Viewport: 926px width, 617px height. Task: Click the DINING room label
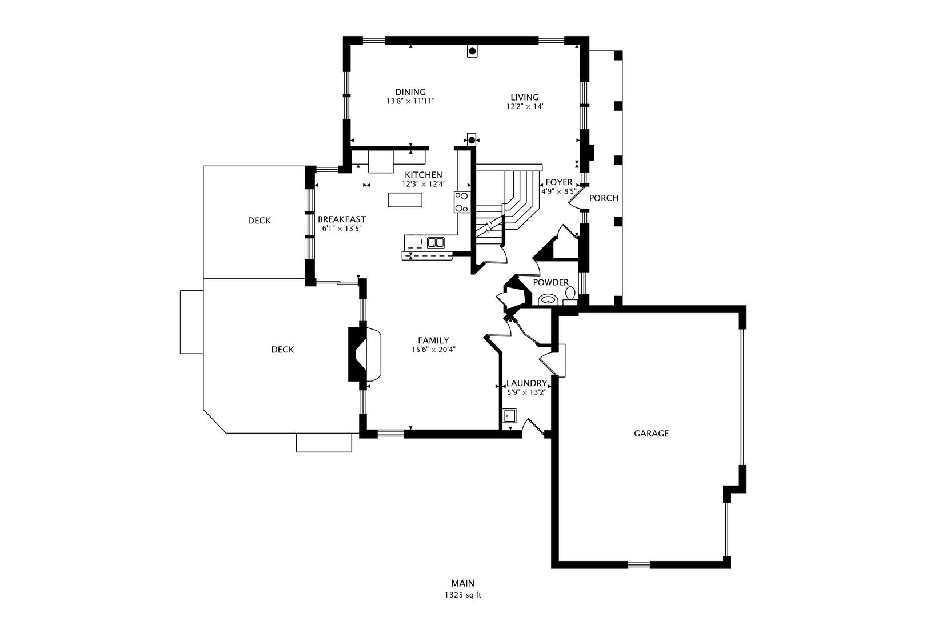pyautogui.click(x=410, y=92)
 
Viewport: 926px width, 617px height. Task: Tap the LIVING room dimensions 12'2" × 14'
pyautogui.click(x=525, y=106)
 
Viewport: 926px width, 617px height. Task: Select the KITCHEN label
pyautogui.click(x=424, y=175)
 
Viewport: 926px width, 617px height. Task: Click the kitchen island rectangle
pyautogui.click(x=405, y=199)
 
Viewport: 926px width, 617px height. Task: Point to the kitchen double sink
pyautogui.click(x=436, y=243)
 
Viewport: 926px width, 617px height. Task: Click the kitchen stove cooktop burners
pyautogui.click(x=462, y=202)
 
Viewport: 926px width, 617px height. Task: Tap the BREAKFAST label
pyautogui.click(x=341, y=219)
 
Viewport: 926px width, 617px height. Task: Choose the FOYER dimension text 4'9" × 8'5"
pyautogui.click(x=559, y=191)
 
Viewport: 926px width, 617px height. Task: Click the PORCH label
pyautogui.click(x=604, y=198)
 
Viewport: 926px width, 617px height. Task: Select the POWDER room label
pyautogui.click(x=550, y=282)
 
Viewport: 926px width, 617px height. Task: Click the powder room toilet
pyautogui.click(x=570, y=295)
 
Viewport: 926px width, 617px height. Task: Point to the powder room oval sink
pyautogui.click(x=548, y=299)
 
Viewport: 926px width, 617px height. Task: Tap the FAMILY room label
pyautogui.click(x=433, y=340)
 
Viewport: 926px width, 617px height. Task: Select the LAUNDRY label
pyautogui.click(x=526, y=383)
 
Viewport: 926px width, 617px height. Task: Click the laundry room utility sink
pyautogui.click(x=510, y=415)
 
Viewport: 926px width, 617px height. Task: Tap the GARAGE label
pyautogui.click(x=651, y=433)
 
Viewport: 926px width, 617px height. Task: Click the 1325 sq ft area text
pyautogui.click(x=463, y=595)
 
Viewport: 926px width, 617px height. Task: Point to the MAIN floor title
pyautogui.click(x=463, y=583)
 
